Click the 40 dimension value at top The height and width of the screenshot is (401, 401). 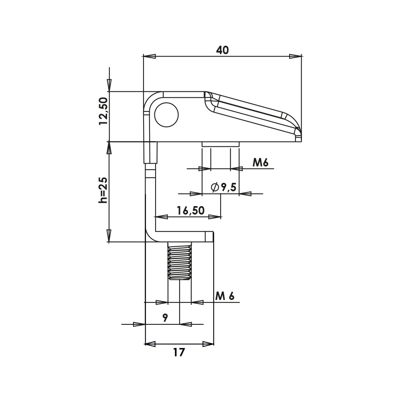point(222,50)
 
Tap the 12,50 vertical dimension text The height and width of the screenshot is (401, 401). point(103,111)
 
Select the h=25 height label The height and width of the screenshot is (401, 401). point(103,190)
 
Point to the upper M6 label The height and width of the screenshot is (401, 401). point(260,162)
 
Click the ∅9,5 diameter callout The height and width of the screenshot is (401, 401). point(223,187)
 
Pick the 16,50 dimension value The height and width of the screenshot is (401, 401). point(190,211)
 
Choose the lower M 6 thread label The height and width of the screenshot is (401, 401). point(225,296)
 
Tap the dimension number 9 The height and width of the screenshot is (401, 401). point(165,318)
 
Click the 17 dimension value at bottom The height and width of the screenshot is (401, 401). point(179,352)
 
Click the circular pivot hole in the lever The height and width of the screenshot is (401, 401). point(166,115)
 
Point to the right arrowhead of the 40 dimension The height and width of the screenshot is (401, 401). point(296,57)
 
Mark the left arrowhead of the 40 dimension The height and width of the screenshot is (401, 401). point(149,57)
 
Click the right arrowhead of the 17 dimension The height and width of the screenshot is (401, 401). point(208,344)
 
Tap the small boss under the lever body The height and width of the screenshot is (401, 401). point(221,144)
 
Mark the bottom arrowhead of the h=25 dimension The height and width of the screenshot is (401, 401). point(109,235)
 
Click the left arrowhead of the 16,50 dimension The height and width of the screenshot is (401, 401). point(161,217)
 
